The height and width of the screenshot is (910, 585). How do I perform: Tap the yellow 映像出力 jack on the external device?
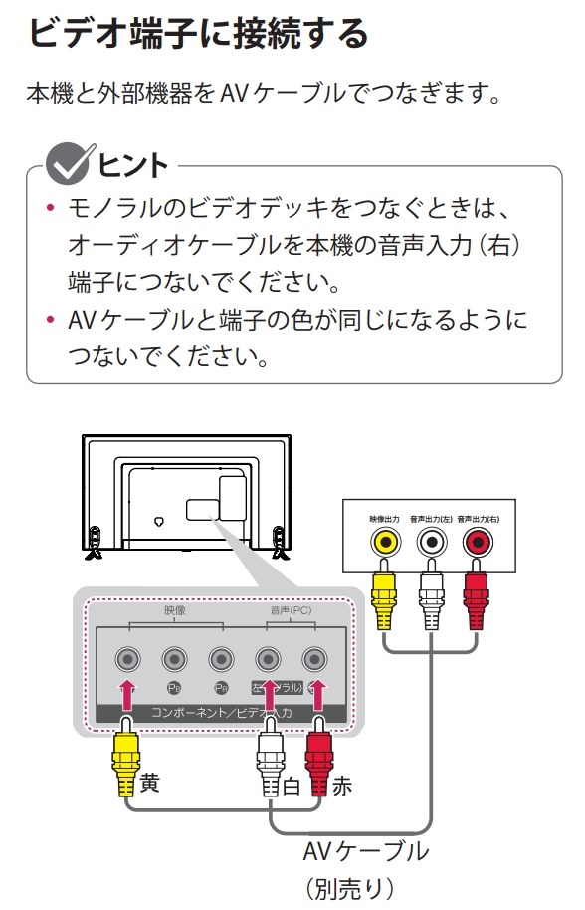pos(384,542)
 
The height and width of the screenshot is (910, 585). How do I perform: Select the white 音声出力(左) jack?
pos(431,542)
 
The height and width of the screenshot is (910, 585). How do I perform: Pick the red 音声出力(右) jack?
pos(478,542)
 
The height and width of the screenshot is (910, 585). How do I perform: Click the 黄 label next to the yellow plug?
pos(150,783)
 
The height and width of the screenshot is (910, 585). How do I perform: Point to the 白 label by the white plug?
pos(292,786)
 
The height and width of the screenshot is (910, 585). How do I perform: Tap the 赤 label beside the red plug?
pos(341,786)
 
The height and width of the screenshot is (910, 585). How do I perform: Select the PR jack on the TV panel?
pos(221,659)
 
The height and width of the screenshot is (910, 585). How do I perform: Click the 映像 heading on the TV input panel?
pos(175,610)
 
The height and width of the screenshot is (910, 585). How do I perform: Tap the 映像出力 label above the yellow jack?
pos(383,518)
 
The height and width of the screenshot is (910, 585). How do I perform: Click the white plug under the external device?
pos(431,602)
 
